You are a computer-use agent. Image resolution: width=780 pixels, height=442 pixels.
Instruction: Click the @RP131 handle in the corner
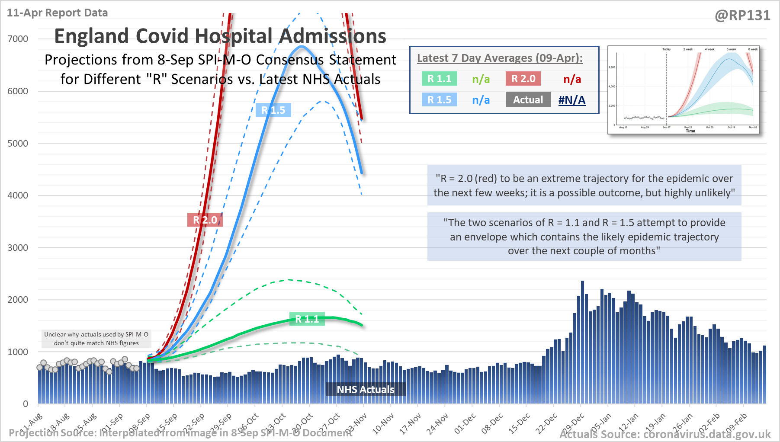pos(742,16)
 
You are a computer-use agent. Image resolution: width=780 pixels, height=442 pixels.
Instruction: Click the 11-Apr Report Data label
pos(58,13)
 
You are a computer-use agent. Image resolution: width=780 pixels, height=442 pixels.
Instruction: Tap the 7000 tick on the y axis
pos(18,39)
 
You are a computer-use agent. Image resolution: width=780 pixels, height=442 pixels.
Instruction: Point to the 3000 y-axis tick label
pos(18,248)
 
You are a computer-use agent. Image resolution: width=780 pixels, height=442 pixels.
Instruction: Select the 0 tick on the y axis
pos(26,404)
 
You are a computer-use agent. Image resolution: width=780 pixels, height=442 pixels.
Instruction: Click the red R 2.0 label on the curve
pos(205,220)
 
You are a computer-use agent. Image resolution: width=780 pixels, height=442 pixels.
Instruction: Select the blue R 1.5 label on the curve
pos(273,110)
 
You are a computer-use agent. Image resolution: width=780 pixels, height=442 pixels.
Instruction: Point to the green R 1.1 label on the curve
pos(307,319)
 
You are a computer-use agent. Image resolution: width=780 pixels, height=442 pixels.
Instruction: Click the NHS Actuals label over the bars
pos(366,389)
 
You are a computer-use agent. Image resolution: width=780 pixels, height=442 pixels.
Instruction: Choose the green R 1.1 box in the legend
pos(439,79)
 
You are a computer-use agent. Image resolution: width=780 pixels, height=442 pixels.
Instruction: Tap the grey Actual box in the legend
pos(528,99)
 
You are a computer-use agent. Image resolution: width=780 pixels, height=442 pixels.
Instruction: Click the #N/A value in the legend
pos(572,100)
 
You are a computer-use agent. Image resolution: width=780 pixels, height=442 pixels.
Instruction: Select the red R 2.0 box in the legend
pos(523,79)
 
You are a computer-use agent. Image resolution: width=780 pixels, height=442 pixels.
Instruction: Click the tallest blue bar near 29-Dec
pos(582,342)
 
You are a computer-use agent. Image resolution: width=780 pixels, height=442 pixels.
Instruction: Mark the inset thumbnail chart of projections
pos(684,90)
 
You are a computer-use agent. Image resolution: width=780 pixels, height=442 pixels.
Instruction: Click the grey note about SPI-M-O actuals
pos(96,339)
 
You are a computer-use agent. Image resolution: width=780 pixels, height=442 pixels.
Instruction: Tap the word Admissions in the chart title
pos(332,36)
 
